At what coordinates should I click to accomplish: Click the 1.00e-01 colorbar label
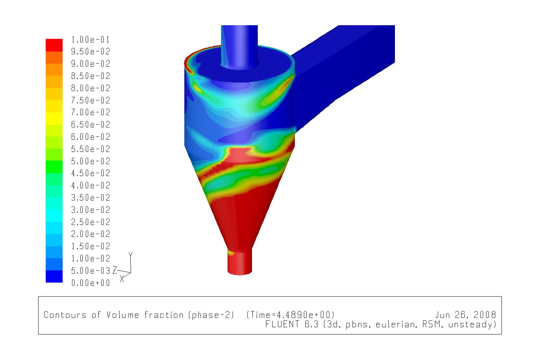[x=91, y=40]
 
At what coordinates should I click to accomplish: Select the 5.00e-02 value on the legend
[x=91, y=161]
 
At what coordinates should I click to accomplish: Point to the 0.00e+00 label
[x=91, y=283]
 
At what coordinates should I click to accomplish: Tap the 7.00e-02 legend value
[x=91, y=112]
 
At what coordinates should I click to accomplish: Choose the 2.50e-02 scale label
[x=91, y=222]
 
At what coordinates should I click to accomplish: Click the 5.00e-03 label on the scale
[x=91, y=271]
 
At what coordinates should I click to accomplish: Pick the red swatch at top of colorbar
[x=54, y=45]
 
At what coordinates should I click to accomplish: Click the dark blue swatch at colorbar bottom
[x=54, y=276]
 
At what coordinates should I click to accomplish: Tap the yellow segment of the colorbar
[x=54, y=118]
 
